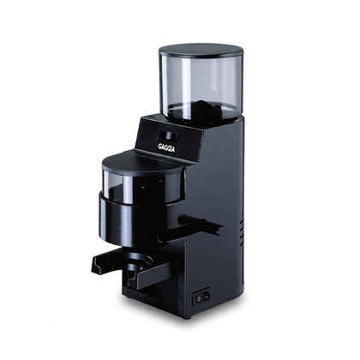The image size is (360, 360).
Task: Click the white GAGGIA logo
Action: [x=166, y=148]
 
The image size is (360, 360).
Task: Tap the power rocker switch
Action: [x=201, y=297]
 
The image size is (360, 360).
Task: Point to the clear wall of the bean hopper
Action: [x=201, y=86]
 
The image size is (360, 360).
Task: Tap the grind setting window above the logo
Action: [x=169, y=136]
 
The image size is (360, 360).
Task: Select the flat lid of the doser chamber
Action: [x=143, y=164]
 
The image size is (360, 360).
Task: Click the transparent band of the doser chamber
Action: [x=142, y=187]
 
